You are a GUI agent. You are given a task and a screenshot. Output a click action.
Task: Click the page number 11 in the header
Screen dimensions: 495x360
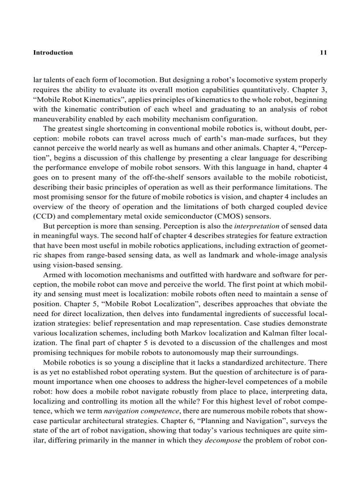(x=323, y=52)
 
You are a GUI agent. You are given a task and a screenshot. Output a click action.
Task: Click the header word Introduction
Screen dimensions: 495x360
(x=53, y=52)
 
